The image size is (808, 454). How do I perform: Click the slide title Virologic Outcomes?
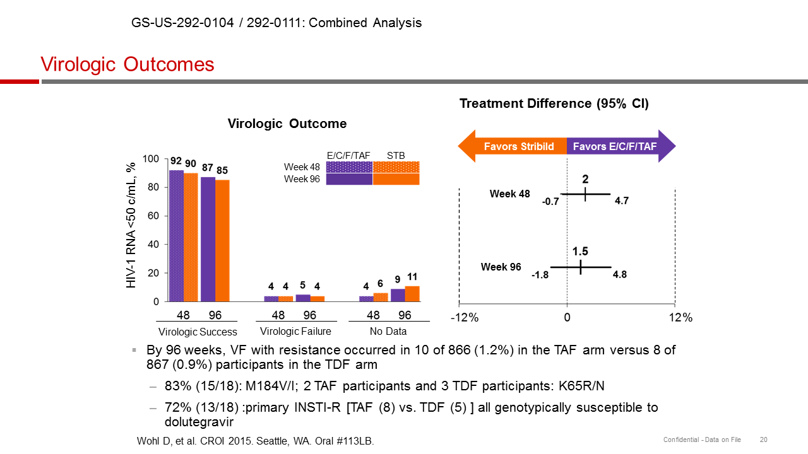(128, 64)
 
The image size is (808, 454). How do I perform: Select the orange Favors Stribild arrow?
(514, 146)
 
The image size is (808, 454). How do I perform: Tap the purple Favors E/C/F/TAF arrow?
(619, 146)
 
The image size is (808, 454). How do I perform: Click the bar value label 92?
(176, 161)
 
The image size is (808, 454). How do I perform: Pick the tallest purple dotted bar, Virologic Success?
(176, 236)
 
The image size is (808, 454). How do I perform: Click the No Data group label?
(388, 331)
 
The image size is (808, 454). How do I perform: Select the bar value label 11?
(412, 277)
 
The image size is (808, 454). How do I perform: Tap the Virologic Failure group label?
(295, 331)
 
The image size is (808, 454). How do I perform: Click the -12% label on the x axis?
(464, 318)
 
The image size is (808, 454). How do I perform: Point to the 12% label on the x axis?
(680, 318)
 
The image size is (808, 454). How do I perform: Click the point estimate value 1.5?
(581, 252)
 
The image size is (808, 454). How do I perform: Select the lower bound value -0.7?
(550, 202)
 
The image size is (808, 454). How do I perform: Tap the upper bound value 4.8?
(619, 274)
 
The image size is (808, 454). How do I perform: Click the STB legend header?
(396, 156)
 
